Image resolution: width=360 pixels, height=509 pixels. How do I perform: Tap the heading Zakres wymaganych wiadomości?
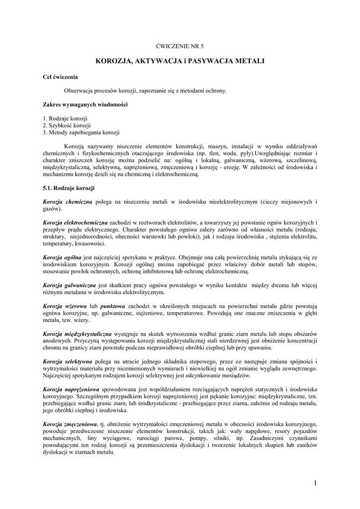tap(78, 105)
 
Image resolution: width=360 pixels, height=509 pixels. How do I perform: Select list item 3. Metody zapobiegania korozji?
tap(81, 133)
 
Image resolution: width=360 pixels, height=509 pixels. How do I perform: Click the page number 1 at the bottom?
tap(315, 483)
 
